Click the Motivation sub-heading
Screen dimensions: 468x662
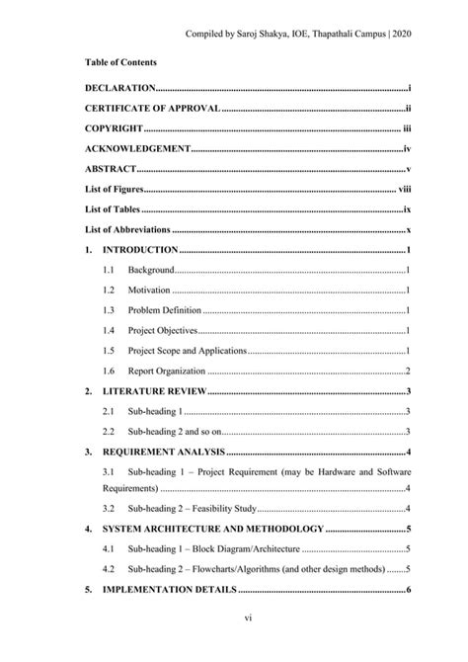(149, 290)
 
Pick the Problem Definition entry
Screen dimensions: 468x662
(165, 310)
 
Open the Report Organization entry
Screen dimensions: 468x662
(167, 372)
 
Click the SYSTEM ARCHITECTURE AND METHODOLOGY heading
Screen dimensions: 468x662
(212, 529)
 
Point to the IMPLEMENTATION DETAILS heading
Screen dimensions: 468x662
(169, 590)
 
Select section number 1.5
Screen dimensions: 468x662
(109, 351)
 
